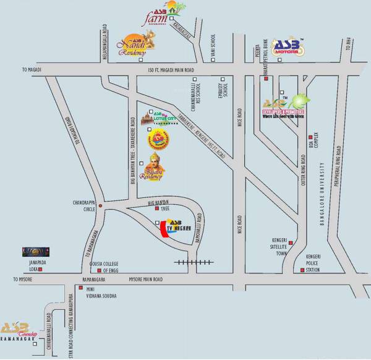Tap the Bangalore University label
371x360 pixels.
coord(323,195)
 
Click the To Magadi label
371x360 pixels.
coord(31,69)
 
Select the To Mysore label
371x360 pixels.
coord(25,280)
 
